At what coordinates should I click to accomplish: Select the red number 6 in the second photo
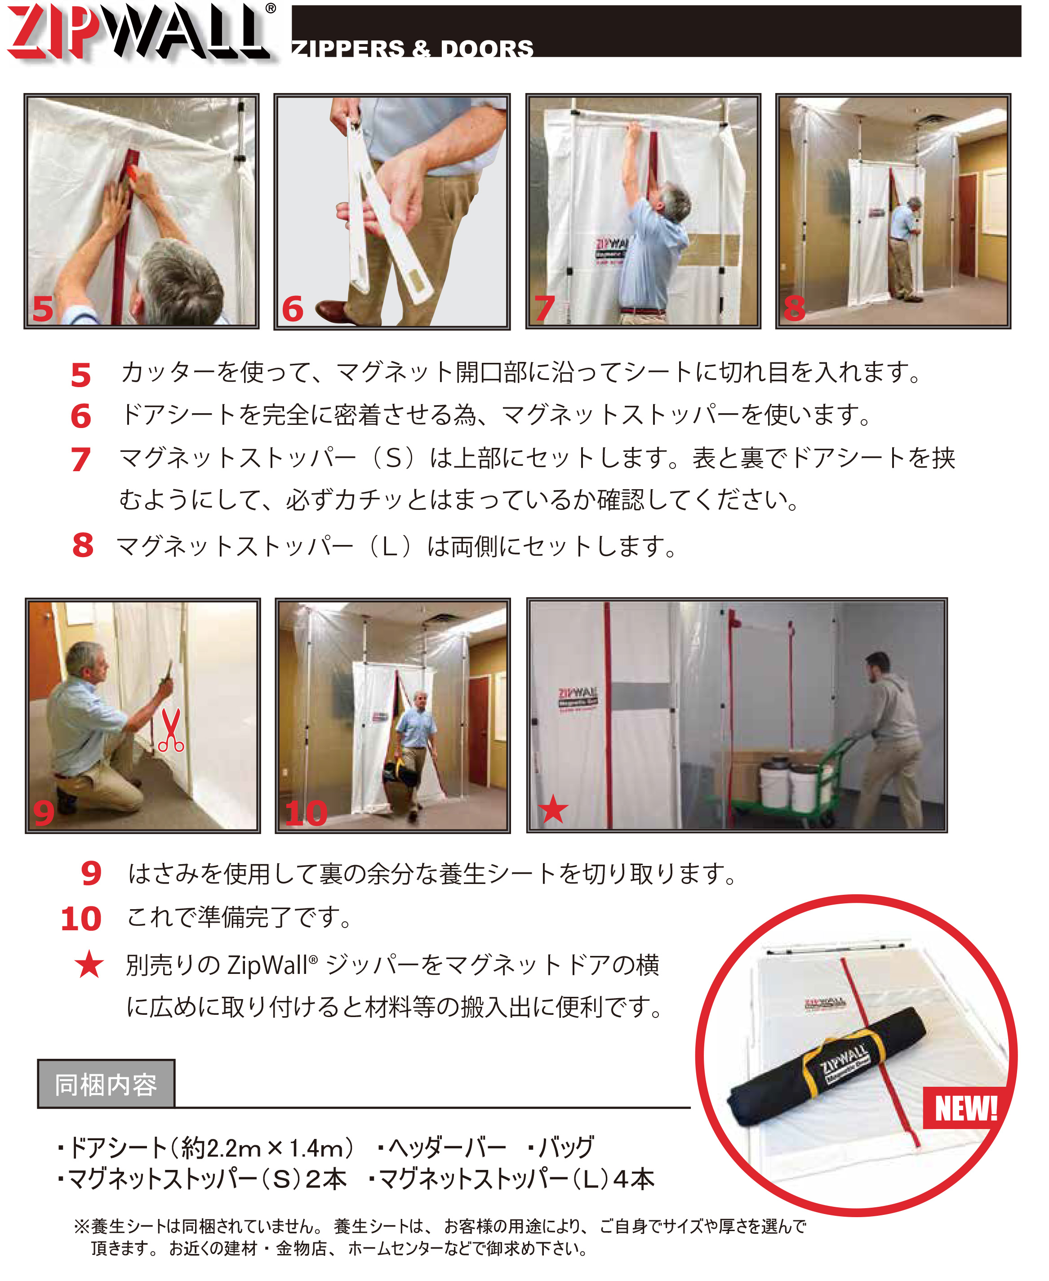click(x=293, y=309)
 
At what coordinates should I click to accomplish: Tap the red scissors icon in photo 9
click(x=171, y=730)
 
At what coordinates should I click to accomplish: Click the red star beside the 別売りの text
click(x=89, y=964)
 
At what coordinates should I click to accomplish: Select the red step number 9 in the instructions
click(x=91, y=874)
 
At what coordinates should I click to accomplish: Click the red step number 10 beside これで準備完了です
click(x=81, y=919)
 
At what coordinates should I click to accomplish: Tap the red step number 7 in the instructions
click(x=80, y=460)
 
